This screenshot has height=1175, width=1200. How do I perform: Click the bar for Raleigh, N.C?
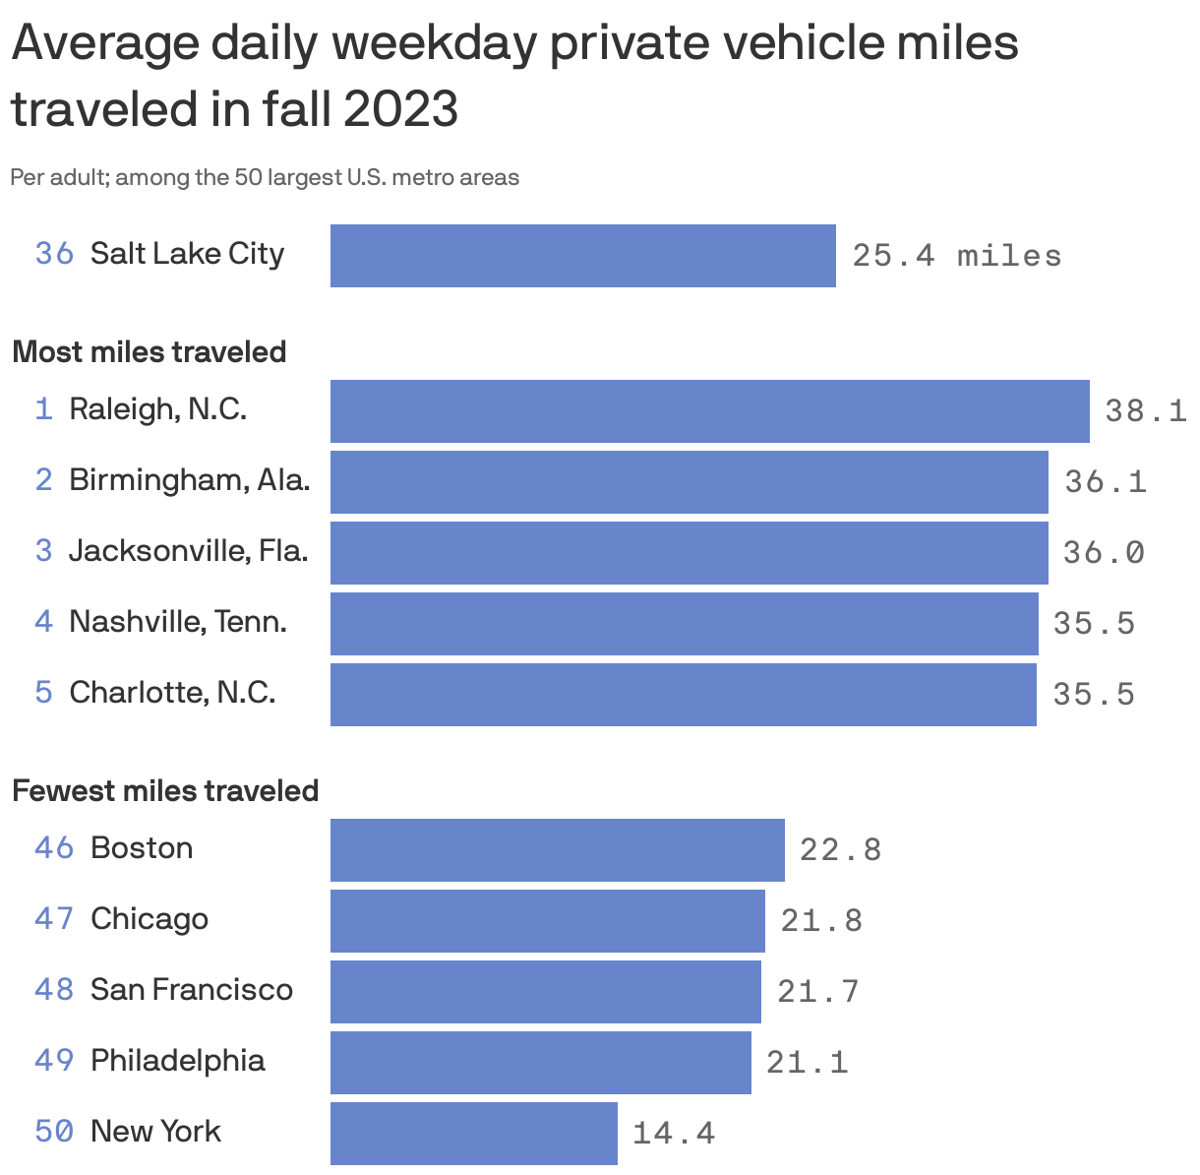tap(709, 411)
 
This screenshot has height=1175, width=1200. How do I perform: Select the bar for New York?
tap(473, 1134)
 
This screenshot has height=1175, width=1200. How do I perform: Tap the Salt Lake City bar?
tap(582, 256)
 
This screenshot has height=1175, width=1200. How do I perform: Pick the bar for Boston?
tap(557, 850)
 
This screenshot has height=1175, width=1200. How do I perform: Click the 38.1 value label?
tap(1145, 411)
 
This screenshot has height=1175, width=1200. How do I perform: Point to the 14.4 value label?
tap(673, 1134)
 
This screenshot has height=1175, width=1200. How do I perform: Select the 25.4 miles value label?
tap(956, 256)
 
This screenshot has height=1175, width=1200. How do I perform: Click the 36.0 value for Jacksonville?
tap(1104, 553)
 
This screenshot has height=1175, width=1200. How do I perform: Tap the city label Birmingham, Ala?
tap(189, 480)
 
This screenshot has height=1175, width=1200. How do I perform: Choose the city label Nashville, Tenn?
tap(177, 622)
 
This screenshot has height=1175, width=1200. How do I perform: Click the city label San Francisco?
tap(191, 990)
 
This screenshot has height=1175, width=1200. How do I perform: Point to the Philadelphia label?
tap(177, 1061)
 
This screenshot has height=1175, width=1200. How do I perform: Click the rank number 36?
tap(54, 254)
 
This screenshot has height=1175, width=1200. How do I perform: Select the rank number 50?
tap(54, 1132)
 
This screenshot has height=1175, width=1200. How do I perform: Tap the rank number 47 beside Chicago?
tap(54, 919)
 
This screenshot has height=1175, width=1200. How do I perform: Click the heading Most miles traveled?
tap(149, 352)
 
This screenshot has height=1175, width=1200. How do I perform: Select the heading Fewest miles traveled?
tap(165, 791)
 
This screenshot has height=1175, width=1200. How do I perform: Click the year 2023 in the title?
tap(400, 109)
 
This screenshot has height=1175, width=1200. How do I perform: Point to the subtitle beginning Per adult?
tap(265, 178)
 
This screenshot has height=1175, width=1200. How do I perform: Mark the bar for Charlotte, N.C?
tap(683, 695)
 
